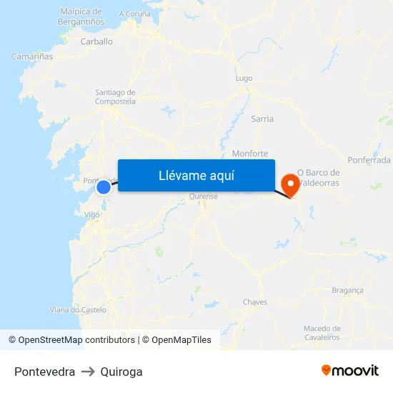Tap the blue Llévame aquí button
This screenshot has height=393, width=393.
coord(196,175)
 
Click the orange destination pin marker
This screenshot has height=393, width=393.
coord(291,184)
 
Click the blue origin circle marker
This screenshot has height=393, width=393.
coord(104,186)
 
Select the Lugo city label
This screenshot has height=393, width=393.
coord(244,78)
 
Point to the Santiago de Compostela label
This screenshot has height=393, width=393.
coord(115,96)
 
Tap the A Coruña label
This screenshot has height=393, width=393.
coord(135,14)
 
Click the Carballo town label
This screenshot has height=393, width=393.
coord(96,41)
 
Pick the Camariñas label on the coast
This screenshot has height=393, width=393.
coord(32,56)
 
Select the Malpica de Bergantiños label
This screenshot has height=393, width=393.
coord(82,16)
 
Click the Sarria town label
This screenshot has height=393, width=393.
coord(262,119)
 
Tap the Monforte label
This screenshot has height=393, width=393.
coord(250,154)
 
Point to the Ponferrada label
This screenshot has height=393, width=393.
coord(369,160)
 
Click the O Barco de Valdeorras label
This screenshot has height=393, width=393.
coord(319,177)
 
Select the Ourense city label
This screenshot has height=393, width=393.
coord(204,196)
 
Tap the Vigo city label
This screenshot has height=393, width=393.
coord(91,214)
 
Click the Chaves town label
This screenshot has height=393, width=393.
coord(255,302)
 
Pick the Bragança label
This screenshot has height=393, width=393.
coord(348,290)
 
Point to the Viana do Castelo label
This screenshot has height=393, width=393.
coord(78,309)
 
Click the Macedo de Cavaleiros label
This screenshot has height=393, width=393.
coord(322,332)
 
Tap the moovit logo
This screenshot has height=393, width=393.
coord(350,371)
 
